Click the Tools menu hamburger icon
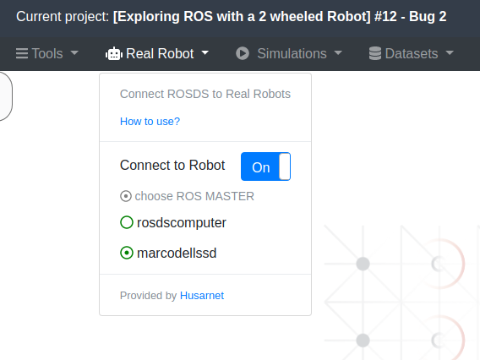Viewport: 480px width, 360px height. click(x=22, y=53)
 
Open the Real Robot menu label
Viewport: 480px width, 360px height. click(x=160, y=53)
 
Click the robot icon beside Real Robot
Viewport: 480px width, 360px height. click(x=114, y=53)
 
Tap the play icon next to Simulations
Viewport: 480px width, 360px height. click(x=243, y=53)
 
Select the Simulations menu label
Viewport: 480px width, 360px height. click(x=292, y=53)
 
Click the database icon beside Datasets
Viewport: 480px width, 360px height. click(x=375, y=53)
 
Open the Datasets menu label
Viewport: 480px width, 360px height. click(x=412, y=53)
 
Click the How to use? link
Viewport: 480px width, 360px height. click(x=150, y=122)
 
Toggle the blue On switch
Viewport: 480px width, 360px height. click(x=265, y=166)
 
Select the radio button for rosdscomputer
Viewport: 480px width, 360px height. click(x=127, y=222)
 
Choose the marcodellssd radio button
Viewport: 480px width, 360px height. click(x=127, y=253)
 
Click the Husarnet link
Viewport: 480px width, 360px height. click(x=202, y=296)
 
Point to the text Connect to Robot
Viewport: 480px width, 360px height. click(x=172, y=166)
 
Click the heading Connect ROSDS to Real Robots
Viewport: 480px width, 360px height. click(x=205, y=94)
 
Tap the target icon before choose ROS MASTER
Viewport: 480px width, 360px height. click(x=126, y=196)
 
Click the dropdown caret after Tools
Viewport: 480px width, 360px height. click(x=74, y=53)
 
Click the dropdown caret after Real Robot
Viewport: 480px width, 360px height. click(x=205, y=53)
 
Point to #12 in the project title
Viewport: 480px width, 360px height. click(x=385, y=17)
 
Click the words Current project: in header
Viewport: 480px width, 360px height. click(x=63, y=17)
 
